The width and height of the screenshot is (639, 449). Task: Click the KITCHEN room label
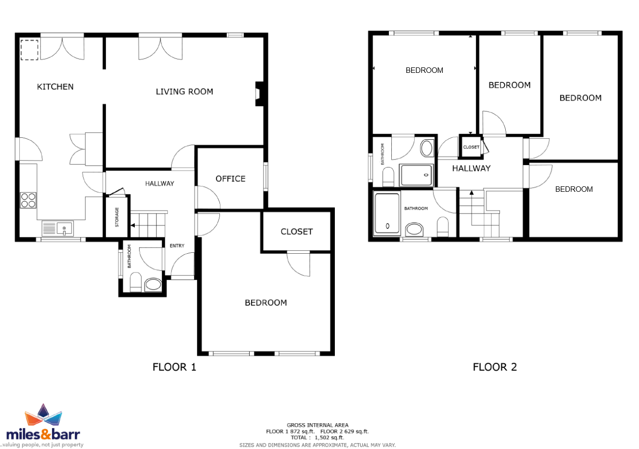55,87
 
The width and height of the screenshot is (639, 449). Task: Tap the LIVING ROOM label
184,92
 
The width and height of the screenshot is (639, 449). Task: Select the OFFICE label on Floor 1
230,179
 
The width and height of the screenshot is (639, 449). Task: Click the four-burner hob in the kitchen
28,200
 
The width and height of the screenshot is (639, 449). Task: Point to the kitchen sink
57,228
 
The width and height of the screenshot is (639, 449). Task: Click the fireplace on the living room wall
259,94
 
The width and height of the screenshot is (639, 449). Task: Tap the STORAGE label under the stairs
117,217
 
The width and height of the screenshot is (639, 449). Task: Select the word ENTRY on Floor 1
177,246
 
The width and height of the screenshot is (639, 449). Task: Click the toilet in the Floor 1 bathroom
136,282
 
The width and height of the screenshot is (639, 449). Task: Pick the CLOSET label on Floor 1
297,232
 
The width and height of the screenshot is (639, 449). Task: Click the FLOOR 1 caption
174,367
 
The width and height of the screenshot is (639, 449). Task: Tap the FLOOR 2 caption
495,367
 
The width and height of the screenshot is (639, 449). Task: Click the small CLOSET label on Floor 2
471,147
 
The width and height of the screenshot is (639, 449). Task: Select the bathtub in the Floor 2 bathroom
387,214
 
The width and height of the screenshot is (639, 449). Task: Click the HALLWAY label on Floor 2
471,168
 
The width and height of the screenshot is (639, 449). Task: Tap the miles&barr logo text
43,435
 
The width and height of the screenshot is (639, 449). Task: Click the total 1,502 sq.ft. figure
329,438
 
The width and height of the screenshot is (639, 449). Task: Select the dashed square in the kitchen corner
29,50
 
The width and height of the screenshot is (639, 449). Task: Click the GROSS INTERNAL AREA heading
318,425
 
